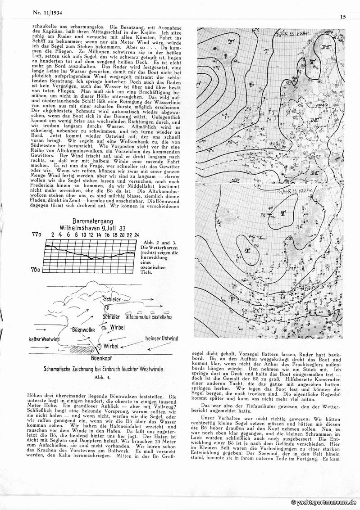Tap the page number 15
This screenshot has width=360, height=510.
(x=343, y=17)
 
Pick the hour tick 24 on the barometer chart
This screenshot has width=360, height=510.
(x=136, y=235)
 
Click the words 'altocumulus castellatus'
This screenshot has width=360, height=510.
(x=145, y=317)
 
